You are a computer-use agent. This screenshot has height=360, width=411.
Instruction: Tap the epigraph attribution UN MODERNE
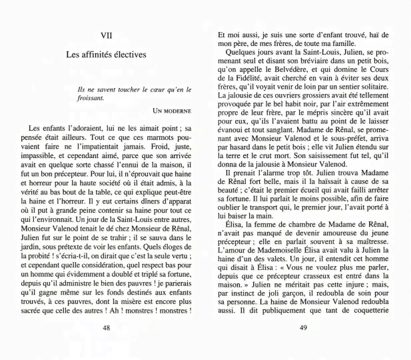172,110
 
